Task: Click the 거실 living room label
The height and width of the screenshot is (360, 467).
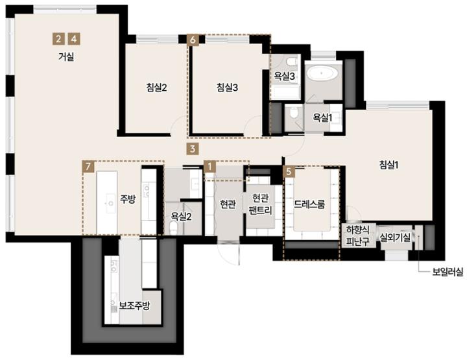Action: click(x=66, y=56)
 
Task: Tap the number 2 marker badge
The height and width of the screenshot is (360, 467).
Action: click(x=58, y=39)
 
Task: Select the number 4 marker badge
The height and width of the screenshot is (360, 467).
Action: click(x=74, y=39)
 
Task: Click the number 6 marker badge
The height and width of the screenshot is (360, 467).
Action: click(x=193, y=40)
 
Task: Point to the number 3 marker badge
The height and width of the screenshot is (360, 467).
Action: click(x=193, y=149)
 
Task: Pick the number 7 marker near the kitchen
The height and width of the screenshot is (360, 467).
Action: click(x=88, y=167)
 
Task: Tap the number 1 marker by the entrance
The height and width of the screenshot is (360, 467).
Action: click(x=210, y=167)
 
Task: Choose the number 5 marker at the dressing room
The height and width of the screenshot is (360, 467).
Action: click(x=288, y=171)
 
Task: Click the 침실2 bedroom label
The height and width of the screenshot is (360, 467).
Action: click(x=156, y=88)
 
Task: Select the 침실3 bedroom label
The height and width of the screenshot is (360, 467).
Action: click(x=227, y=88)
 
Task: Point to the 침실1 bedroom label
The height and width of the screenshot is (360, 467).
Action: click(x=389, y=165)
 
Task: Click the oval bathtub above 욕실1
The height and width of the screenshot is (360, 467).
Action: click(x=322, y=73)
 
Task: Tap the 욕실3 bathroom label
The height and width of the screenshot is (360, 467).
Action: click(x=285, y=77)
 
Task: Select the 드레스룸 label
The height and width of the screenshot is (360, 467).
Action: click(x=309, y=204)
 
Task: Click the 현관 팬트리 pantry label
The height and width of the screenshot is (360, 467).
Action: click(x=260, y=204)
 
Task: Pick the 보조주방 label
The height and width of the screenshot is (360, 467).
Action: click(x=134, y=306)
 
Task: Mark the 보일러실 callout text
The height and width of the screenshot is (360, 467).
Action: click(x=448, y=272)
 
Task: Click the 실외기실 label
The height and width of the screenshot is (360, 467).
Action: click(x=395, y=237)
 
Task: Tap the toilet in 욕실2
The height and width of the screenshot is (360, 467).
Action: click(x=173, y=228)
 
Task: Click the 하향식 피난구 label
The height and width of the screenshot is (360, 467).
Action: click(x=357, y=235)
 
